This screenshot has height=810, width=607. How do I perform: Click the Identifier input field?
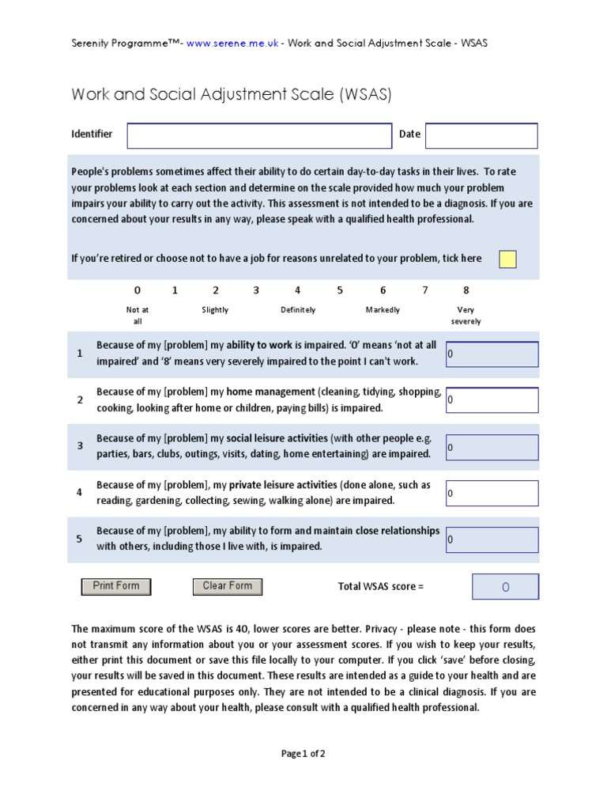pyautogui.click(x=259, y=136)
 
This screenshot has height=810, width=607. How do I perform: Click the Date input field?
pyautogui.click(x=481, y=136)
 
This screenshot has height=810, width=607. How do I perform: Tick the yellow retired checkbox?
pyautogui.click(x=507, y=259)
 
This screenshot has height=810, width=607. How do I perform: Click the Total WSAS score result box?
pyautogui.click(x=505, y=587)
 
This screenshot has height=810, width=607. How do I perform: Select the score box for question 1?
pyautogui.click(x=492, y=354)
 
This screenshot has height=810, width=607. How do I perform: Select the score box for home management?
pyautogui.click(x=492, y=400)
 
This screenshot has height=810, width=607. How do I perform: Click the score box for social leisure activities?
pyautogui.click(x=492, y=447)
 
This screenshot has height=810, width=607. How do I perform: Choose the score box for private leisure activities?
pyautogui.click(x=492, y=494)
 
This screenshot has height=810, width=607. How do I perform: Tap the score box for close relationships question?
pyautogui.click(x=492, y=540)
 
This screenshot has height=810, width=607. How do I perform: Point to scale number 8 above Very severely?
pyautogui.click(x=466, y=290)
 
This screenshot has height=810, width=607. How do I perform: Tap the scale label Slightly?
pyautogui.click(x=215, y=310)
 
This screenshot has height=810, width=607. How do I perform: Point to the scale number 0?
pyautogui.click(x=138, y=290)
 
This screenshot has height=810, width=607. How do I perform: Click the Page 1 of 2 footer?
pyautogui.click(x=303, y=754)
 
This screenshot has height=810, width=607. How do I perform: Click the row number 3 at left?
pyautogui.click(x=79, y=446)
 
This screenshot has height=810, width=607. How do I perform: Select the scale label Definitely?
pyautogui.click(x=298, y=310)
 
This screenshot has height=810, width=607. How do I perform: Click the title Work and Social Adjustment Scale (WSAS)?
pyautogui.click(x=232, y=95)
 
